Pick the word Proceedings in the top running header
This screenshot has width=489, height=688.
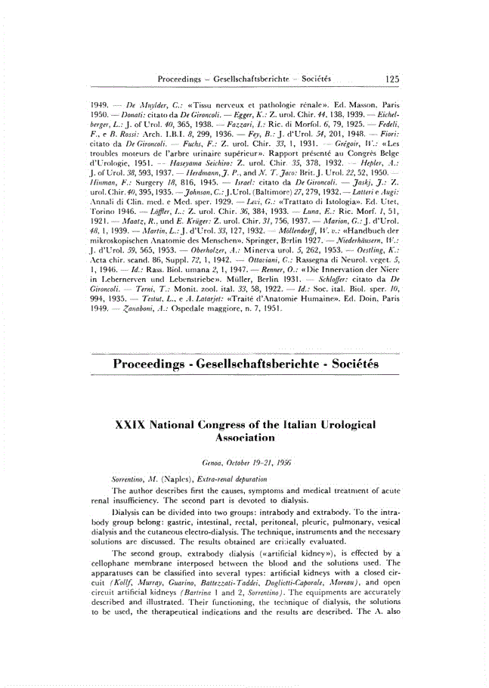click(x=181, y=79)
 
